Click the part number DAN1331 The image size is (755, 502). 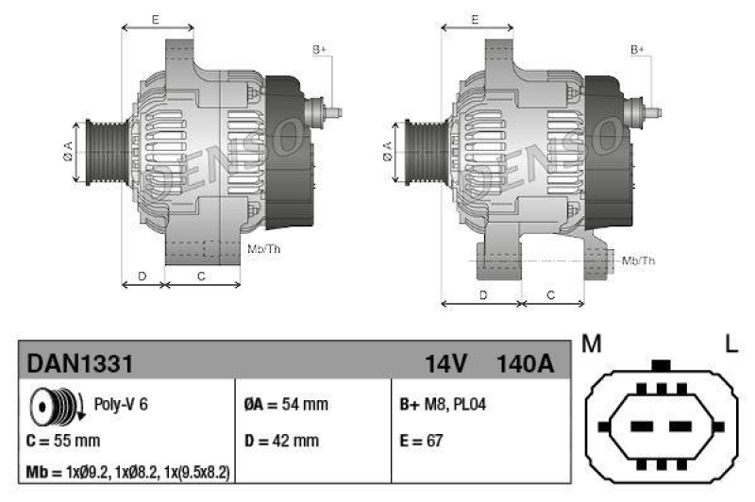click(79, 362)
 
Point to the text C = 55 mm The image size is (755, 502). click(63, 440)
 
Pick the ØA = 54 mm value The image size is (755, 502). click(286, 405)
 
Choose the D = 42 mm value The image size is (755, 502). click(281, 440)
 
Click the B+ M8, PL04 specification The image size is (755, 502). click(444, 405)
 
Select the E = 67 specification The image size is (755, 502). click(422, 440)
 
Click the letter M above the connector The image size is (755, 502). click(592, 344)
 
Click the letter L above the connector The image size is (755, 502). click(730, 344)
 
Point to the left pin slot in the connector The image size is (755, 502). click(643, 427)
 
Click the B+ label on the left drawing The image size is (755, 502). click(319, 48)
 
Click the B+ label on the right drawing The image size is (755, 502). click(637, 48)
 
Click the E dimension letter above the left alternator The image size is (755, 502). click(155, 19)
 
